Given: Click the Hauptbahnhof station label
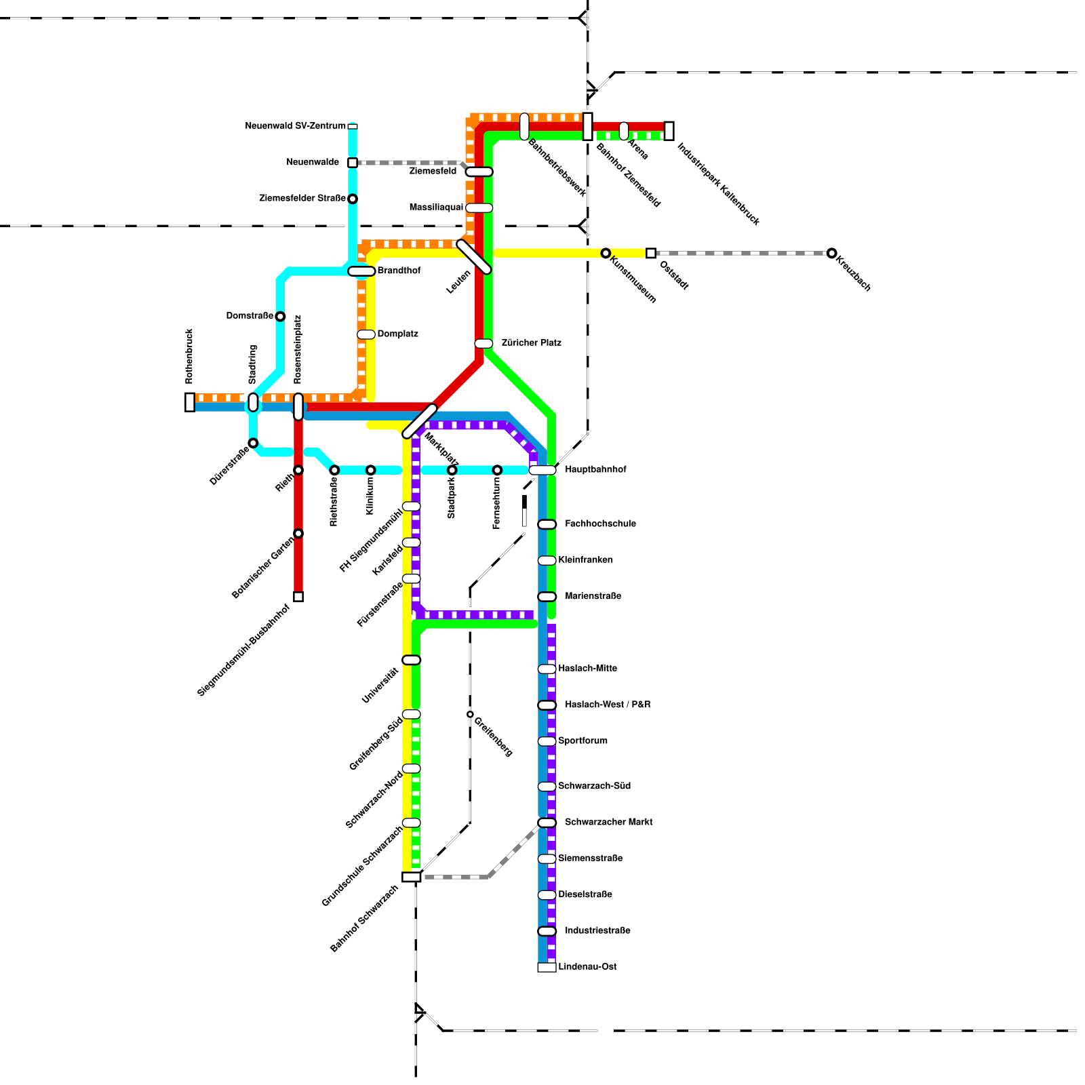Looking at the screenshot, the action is click(595, 469).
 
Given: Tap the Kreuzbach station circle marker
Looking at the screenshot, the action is click(831, 253).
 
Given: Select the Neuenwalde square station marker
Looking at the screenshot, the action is click(353, 163).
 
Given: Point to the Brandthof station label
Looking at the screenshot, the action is click(399, 271).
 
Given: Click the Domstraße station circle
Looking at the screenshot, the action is click(280, 316).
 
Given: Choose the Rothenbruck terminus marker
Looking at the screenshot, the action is click(190, 402).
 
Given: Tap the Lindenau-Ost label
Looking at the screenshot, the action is click(587, 966).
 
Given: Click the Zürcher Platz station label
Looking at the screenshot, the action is click(531, 342).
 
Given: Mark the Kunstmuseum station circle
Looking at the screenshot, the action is click(606, 253).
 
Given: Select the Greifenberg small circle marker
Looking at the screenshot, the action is click(470, 714).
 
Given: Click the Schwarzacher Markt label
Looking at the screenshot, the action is click(608, 822).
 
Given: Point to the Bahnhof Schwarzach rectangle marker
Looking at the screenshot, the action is click(411, 877).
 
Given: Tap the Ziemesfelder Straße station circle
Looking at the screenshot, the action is click(353, 199).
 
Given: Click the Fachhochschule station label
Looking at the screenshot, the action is click(600, 524).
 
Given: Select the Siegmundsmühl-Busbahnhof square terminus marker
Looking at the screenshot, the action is click(298, 597).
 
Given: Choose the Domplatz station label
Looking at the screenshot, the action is click(397, 334).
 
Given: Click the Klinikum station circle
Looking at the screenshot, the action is click(370, 470).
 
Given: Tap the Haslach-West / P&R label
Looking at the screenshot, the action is click(607, 705).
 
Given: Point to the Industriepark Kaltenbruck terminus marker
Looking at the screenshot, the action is click(669, 131).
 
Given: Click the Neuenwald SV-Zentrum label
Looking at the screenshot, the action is click(295, 126).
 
